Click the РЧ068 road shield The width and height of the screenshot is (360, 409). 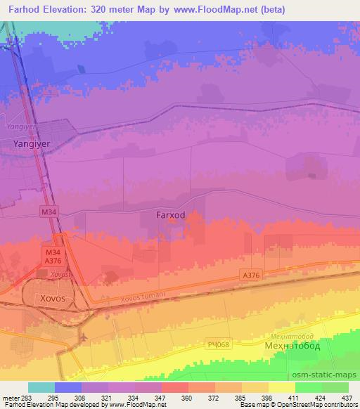click(x=218, y=344)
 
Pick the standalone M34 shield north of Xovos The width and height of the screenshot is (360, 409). click(x=49, y=212)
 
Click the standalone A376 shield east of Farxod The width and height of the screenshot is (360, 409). click(x=249, y=275)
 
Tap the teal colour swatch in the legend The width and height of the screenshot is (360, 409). click(x=41, y=387)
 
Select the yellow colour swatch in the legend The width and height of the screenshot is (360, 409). click(x=282, y=387)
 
